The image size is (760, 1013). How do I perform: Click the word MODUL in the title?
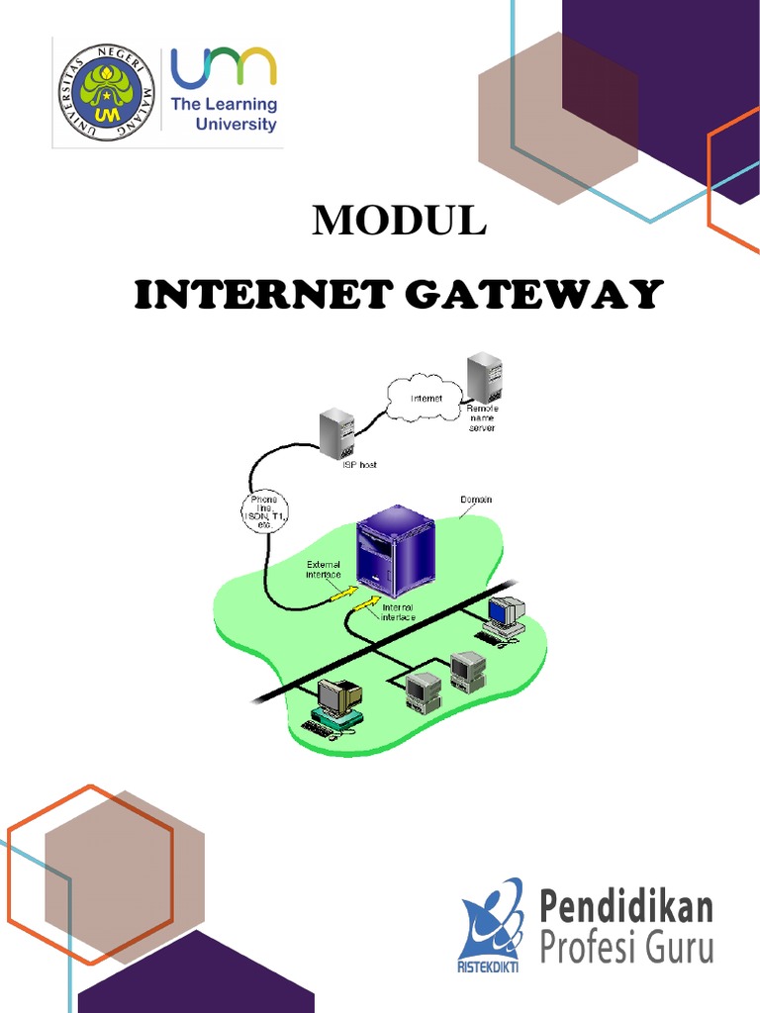[x=399, y=222]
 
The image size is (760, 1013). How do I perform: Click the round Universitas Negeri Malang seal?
[x=106, y=92]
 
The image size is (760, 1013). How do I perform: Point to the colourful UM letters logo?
[x=224, y=67]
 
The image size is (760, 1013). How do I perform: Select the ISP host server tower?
[x=336, y=433]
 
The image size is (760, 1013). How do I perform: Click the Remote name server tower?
[x=484, y=376]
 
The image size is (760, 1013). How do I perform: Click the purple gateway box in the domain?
[x=395, y=549]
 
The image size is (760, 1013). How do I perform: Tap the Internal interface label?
[x=398, y=611]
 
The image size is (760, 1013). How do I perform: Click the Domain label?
[x=476, y=500]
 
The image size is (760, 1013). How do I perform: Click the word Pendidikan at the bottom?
[x=626, y=906]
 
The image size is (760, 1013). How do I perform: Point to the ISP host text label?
[x=353, y=464]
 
